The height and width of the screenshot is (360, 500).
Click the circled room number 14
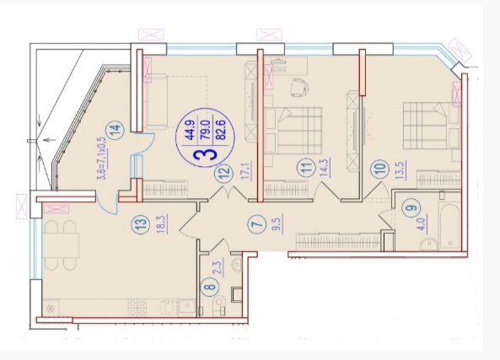point(116,129)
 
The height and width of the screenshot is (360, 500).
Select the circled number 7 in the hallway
point(258,223)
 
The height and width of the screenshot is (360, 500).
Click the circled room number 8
point(210,284)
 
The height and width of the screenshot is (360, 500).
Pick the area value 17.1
point(247,170)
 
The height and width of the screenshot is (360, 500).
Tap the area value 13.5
point(401,170)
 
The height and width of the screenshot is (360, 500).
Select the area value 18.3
point(161,224)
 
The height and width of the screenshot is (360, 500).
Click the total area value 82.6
point(220,130)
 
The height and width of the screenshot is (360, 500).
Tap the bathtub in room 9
point(449,225)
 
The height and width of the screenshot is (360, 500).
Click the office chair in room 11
point(299,86)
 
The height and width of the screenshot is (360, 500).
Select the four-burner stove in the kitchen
point(137,308)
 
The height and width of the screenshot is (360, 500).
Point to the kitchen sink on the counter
point(187,307)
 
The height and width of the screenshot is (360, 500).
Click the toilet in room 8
point(219,305)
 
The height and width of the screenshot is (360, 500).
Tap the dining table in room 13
point(61,245)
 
